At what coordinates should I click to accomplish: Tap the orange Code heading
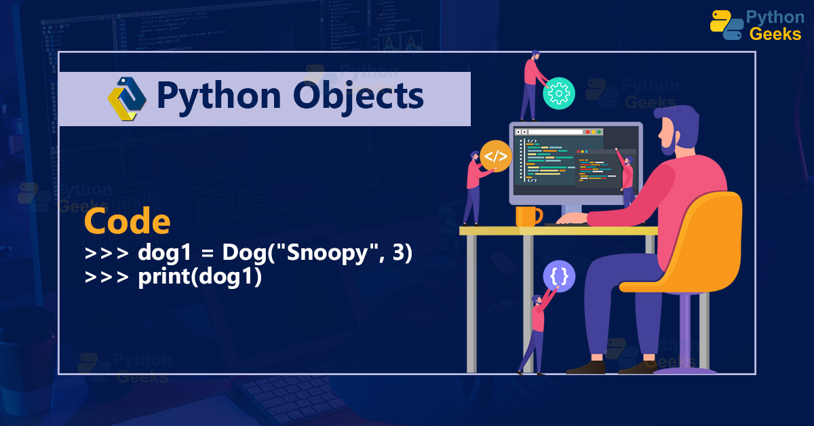click(128, 222)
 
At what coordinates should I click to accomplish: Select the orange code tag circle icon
click(495, 157)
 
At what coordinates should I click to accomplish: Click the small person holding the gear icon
click(530, 85)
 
